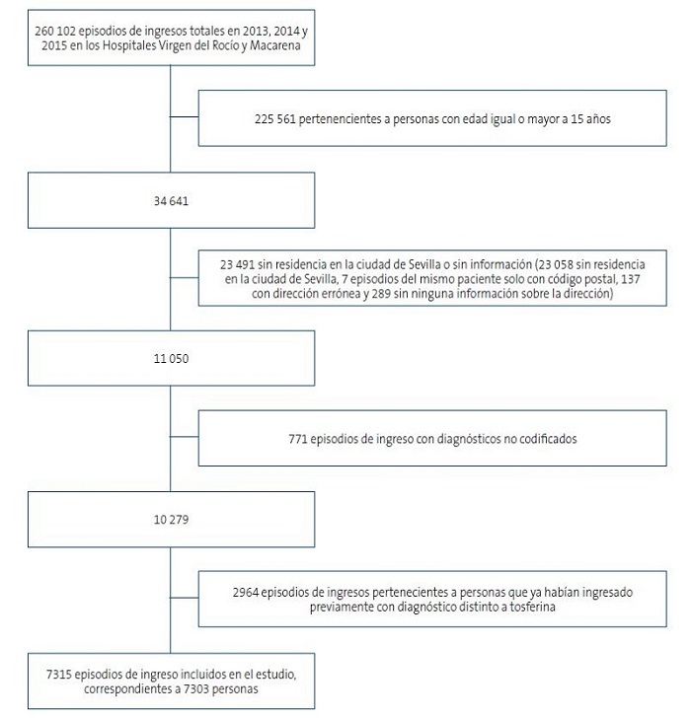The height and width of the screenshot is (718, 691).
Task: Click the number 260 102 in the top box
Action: click(56, 33)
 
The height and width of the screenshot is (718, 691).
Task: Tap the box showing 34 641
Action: click(170, 201)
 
